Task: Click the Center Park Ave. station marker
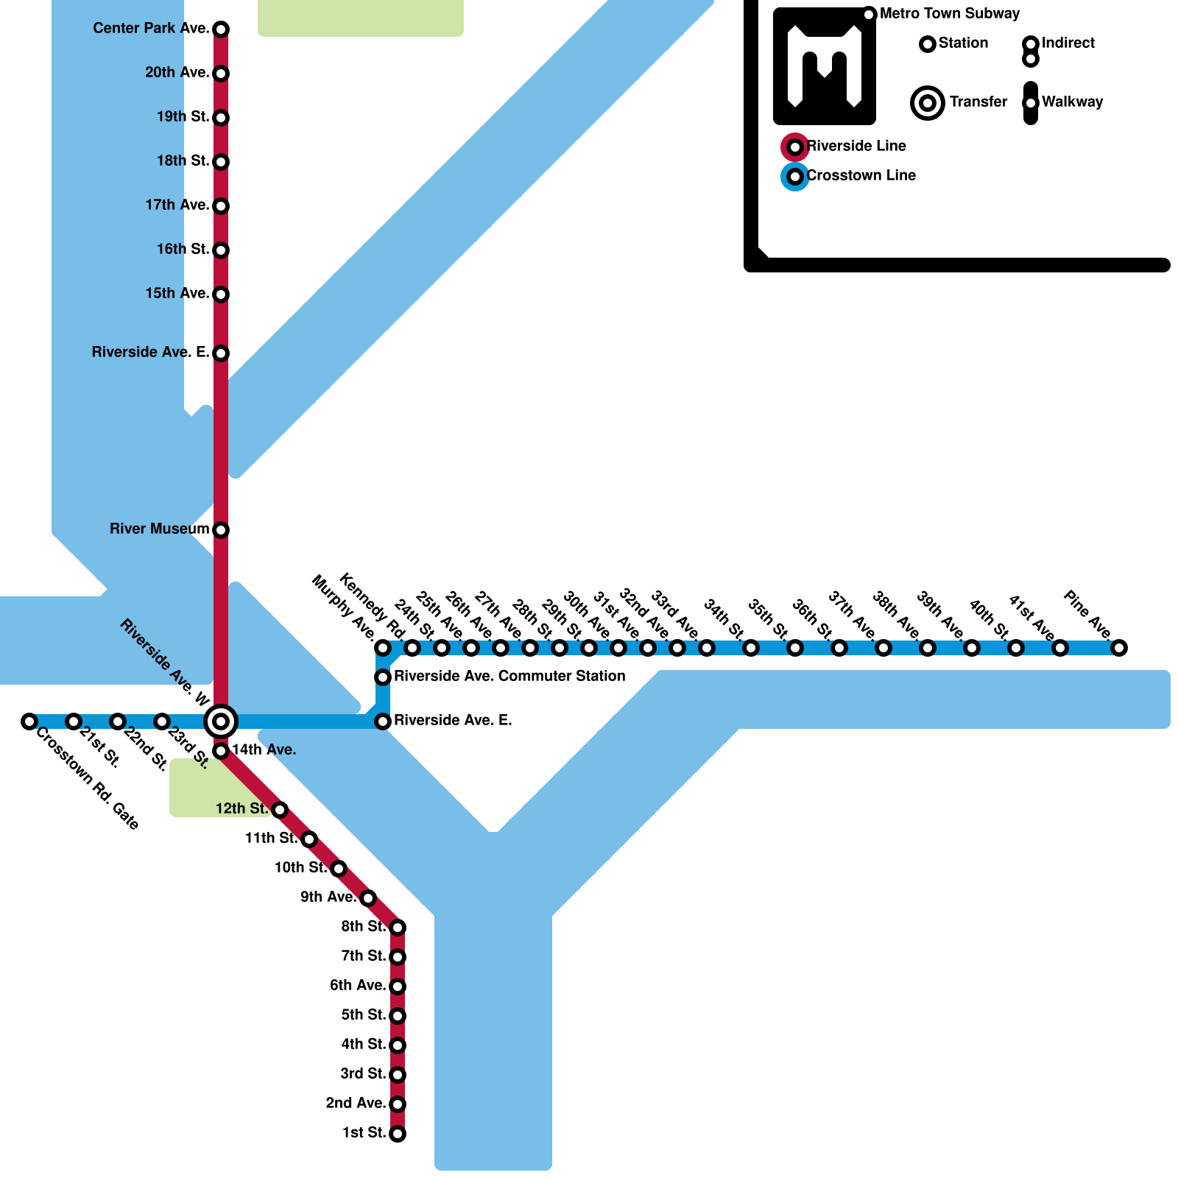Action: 221,29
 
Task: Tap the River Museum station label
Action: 159,529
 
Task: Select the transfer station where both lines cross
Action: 221,722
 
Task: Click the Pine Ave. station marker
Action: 1119,648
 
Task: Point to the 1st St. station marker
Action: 398,1134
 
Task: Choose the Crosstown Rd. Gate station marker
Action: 29,722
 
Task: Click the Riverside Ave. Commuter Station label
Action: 509,677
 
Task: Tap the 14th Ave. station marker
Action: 221,751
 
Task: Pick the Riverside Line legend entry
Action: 856,147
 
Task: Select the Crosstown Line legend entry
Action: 861,176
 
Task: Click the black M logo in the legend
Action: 825,66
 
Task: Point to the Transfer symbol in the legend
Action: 928,103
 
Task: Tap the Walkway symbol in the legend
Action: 1031,103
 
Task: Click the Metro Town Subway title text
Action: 950,14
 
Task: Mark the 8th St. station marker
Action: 398,927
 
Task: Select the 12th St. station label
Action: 241,809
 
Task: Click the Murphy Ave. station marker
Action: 383,648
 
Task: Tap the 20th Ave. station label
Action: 177,73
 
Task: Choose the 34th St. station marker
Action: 707,648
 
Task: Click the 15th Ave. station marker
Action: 221,294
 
